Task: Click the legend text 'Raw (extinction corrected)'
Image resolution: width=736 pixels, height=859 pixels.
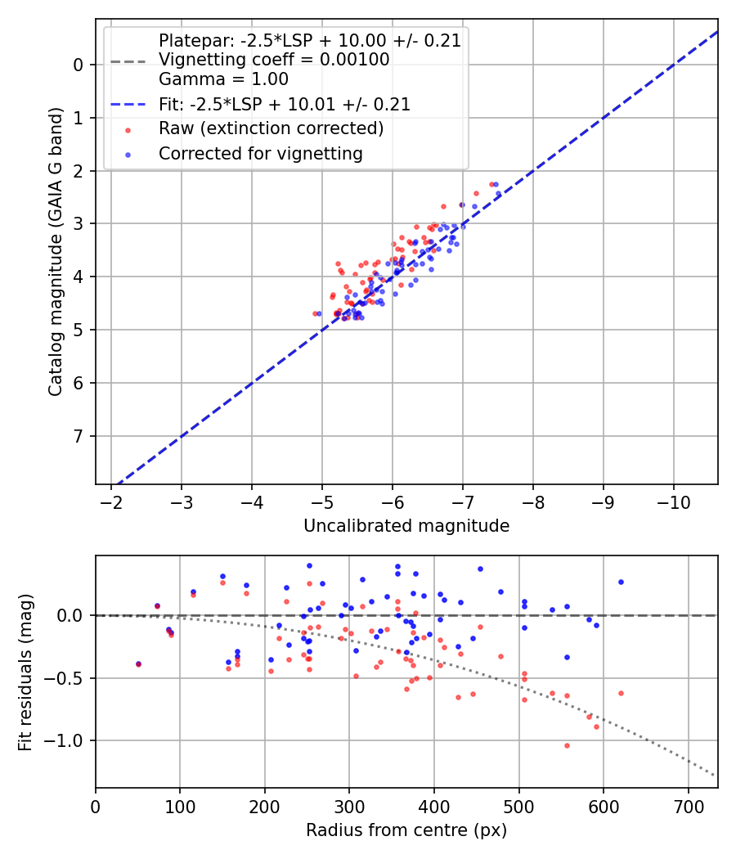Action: pyautogui.click(x=271, y=128)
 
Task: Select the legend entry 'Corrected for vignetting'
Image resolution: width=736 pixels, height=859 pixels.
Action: pyautogui.click(x=260, y=153)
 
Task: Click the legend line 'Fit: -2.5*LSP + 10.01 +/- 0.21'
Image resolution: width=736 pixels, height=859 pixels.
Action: pyautogui.click(x=128, y=105)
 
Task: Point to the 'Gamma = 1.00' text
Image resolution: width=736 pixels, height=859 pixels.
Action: pyautogui.click(x=223, y=80)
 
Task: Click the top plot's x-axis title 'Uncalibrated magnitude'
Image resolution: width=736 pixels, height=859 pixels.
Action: pyautogui.click(x=406, y=526)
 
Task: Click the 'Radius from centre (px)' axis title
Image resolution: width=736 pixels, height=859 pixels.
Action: pyautogui.click(x=406, y=830)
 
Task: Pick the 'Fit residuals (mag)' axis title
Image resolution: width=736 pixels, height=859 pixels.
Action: pyautogui.click(x=25, y=672)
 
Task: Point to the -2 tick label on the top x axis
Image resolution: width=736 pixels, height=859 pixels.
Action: pyautogui.click(x=112, y=501)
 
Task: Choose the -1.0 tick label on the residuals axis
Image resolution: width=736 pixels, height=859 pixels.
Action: pyautogui.click(x=68, y=740)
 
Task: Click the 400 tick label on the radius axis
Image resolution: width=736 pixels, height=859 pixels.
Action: pyautogui.click(x=434, y=806)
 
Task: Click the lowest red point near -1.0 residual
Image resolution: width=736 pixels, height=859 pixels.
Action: pyautogui.click(x=566, y=745)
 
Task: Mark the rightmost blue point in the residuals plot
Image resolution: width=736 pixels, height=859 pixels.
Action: pyautogui.click(x=621, y=582)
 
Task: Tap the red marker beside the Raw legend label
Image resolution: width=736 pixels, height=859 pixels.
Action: pyautogui.click(x=128, y=129)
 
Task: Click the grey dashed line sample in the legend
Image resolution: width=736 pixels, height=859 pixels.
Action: pyautogui.click(x=128, y=61)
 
